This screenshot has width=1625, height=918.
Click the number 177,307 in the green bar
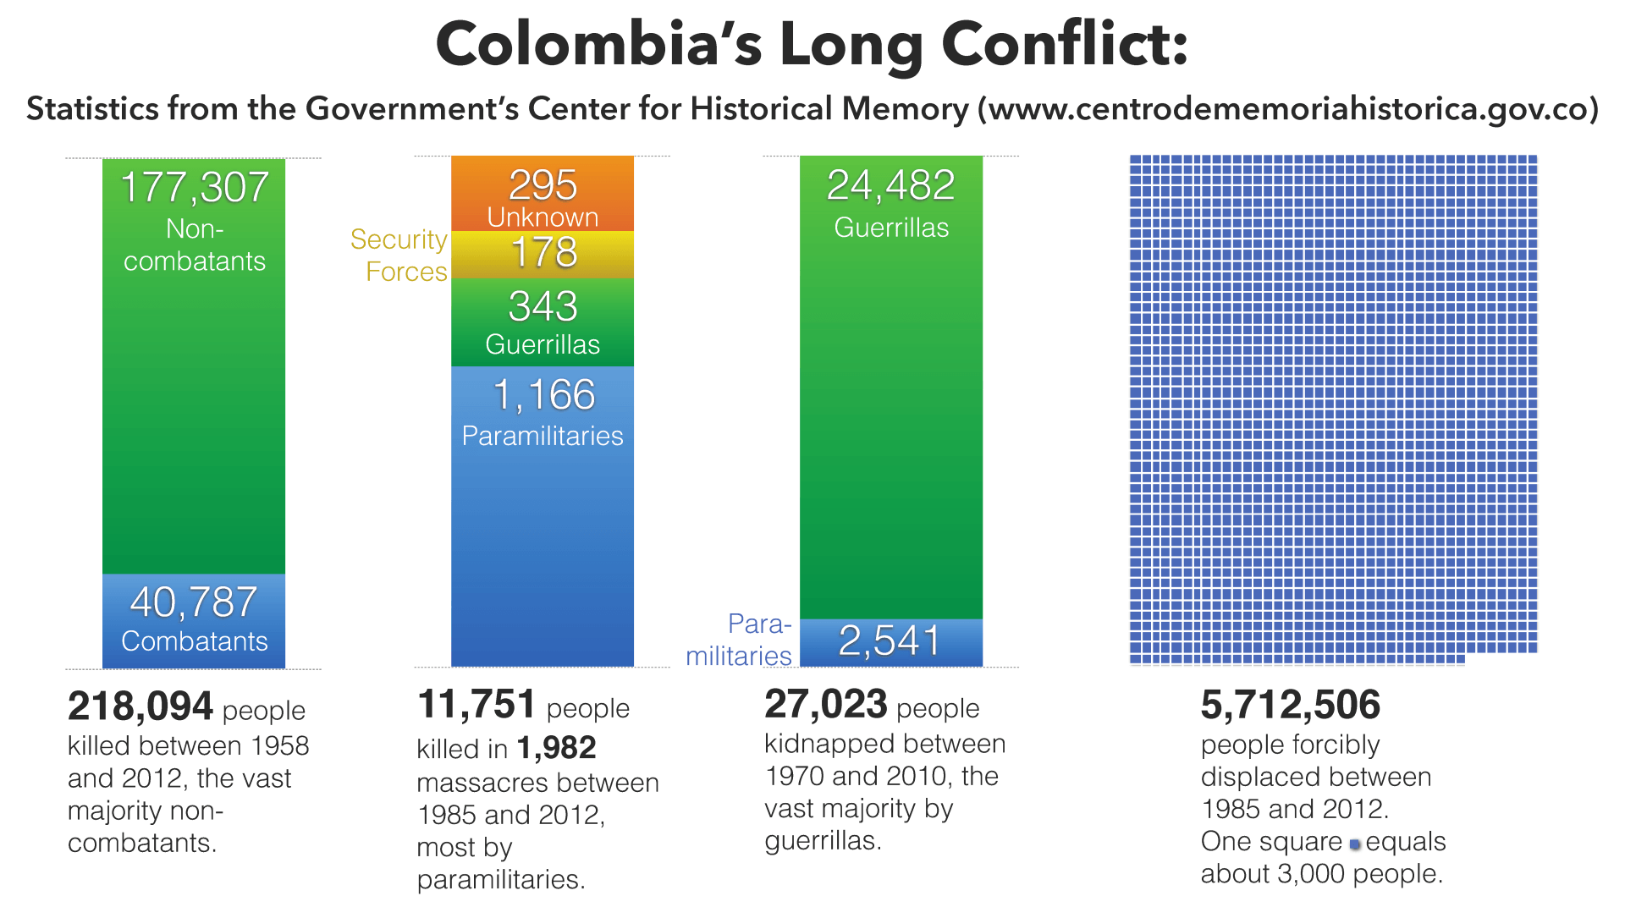pyautogui.click(x=195, y=187)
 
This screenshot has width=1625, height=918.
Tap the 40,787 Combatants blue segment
pyautogui.click(x=194, y=621)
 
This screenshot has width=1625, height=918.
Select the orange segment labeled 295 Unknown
pyautogui.click(x=543, y=194)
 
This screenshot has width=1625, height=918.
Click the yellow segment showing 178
pyautogui.click(x=543, y=255)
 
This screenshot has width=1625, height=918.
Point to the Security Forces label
pyautogui.click(x=399, y=256)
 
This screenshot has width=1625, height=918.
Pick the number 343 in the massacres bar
pyautogui.click(x=543, y=306)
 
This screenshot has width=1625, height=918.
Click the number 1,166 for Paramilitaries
pyautogui.click(x=544, y=395)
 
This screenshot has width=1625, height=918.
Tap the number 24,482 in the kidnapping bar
pyautogui.click(x=890, y=185)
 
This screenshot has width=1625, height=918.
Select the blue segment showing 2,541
pyautogui.click(x=891, y=643)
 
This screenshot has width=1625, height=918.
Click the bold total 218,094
pyautogui.click(x=140, y=706)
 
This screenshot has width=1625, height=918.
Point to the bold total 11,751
pyautogui.click(x=476, y=704)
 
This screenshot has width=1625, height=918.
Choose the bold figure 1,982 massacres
pyautogui.click(x=557, y=748)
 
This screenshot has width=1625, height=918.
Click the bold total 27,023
pyautogui.click(x=826, y=704)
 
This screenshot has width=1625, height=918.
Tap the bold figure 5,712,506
pyautogui.click(x=1291, y=705)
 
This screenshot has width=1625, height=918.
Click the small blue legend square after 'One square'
pyautogui.click(x=1355, y=844)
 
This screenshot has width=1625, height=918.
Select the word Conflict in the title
pyautogui.click(x=1066, y=44)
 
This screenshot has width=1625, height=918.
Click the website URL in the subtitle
pyautogui.click(x=1287, y=109)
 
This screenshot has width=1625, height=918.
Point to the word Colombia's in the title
pyautogui.click(x=599, y=44)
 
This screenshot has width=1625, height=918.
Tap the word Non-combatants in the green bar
pyautogui.click(x=195, y=245)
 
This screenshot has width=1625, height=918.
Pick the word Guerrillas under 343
pyautogui.click(x=543, y=344)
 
